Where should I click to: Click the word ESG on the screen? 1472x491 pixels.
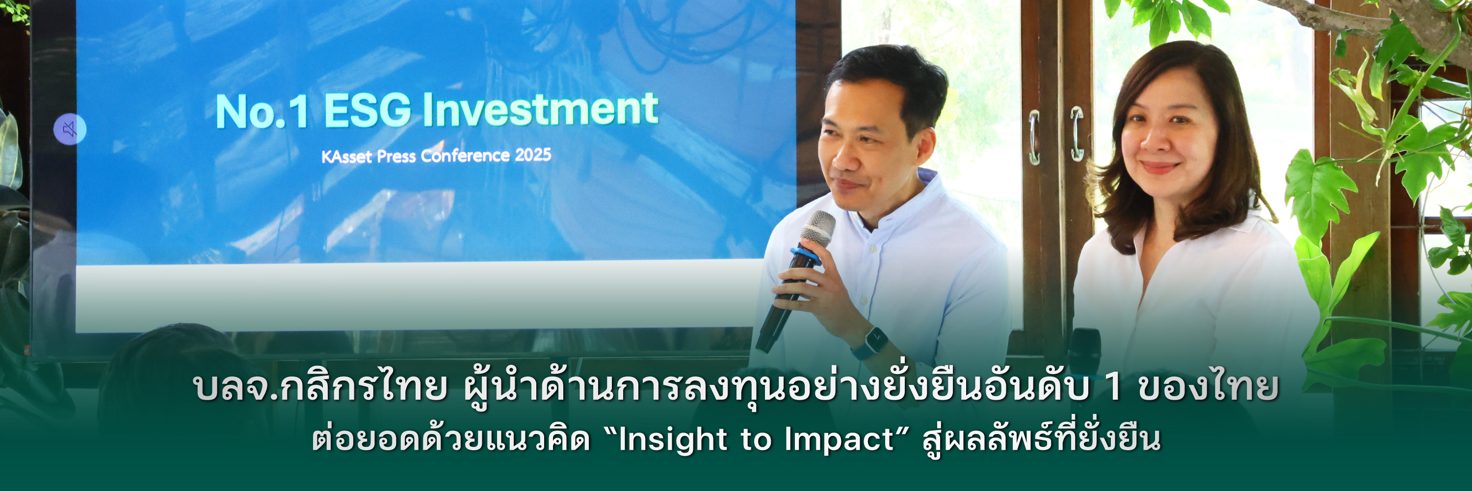pos(368,110)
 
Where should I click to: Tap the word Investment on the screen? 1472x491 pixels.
pos(541,109)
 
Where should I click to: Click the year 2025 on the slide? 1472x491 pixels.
pos(532,154)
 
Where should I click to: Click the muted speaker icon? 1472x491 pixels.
pos(70,129)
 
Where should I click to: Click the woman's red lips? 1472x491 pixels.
pos(1159,167)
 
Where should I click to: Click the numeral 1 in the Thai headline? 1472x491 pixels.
pos(1114,387)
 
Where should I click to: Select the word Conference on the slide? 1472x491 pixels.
pos(465,156)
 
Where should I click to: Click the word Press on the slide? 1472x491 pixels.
pos(396,156)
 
